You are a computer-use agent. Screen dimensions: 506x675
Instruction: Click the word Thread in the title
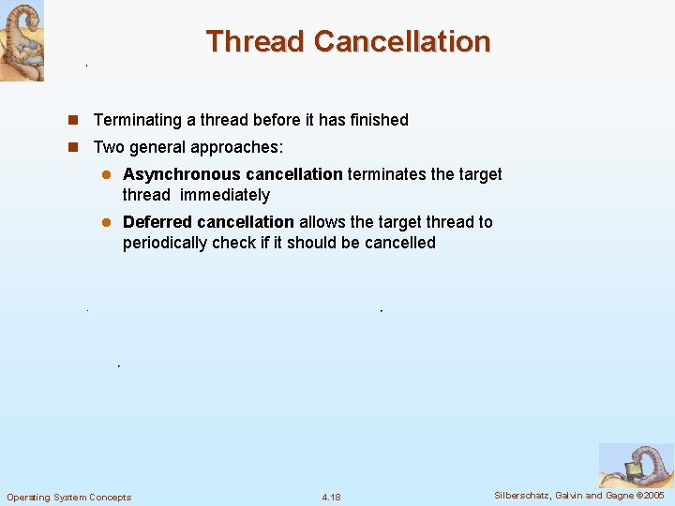pos(256,41)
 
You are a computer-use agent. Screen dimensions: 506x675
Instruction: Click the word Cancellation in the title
pos(402,41)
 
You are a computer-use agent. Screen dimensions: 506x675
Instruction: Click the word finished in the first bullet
pos(380,120)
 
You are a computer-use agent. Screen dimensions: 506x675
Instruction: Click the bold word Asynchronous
pos(181,174)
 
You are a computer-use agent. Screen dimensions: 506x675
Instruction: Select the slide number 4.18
pos(331,497)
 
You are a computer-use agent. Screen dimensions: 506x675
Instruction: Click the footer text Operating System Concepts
pos(69,497)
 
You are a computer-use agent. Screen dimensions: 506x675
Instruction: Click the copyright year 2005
pos(652,495)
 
